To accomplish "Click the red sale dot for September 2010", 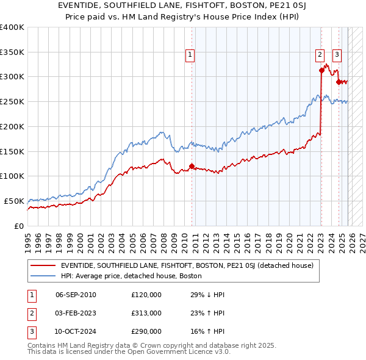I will coord(192,166).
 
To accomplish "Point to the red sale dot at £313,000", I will coord(321,70).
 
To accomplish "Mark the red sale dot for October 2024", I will coord(339,82).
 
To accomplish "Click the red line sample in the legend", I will coord(43,265).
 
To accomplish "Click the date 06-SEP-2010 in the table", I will coord(76,295).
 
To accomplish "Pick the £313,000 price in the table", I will coord(146,313).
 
